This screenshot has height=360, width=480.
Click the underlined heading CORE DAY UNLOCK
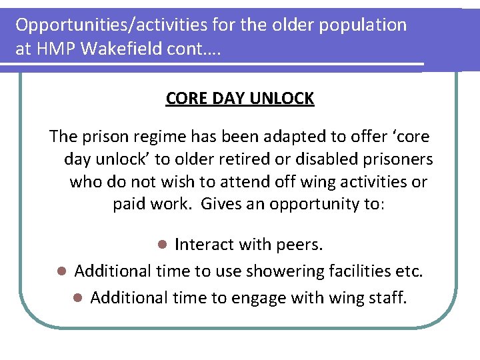(x=240, y=99)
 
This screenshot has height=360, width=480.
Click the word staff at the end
(x=385, y=297)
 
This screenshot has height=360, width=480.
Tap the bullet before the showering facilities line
(x=61, y=271)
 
